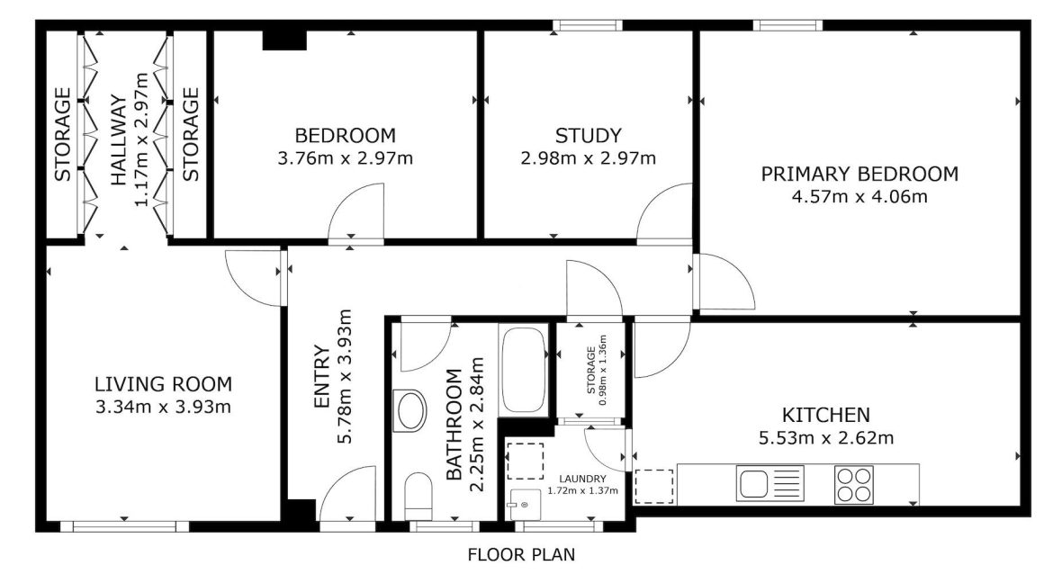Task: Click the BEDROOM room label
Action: tap(346, 136)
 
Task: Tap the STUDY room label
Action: tap(589, 136)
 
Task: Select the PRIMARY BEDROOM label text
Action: tap(859, 174)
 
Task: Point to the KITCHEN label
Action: tap(826, 415)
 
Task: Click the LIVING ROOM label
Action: tap(163, 384)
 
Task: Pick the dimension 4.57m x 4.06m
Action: tap(859, 197)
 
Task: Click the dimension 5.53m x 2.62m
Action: tap(826, 438)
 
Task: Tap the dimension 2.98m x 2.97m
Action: tap(589, 158)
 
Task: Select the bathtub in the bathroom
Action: tap(524, 370)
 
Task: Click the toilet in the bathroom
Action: tap(419, 496)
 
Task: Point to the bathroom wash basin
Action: tap(410, 409)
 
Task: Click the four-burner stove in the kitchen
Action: tap(854, 485)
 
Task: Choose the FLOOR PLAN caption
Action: tap(521, 555)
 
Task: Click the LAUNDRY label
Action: tap(583, 479)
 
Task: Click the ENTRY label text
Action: tap(322, 377)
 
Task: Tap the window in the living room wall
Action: tap(125, 526)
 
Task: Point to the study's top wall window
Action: tap(588, 25)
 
